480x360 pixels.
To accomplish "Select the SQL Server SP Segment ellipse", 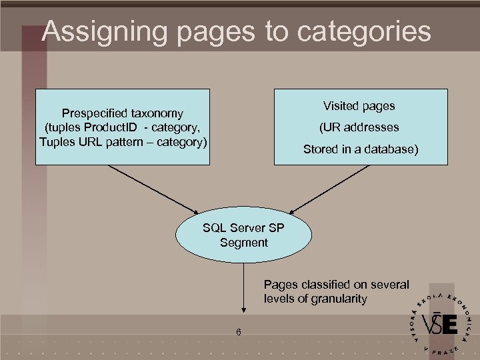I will click(x=243, y=235).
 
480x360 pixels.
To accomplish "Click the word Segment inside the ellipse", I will click(x=243, y=243).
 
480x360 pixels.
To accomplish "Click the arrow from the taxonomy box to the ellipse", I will click(x=153, y=190).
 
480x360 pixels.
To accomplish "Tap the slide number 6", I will click(x=237, y=333).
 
